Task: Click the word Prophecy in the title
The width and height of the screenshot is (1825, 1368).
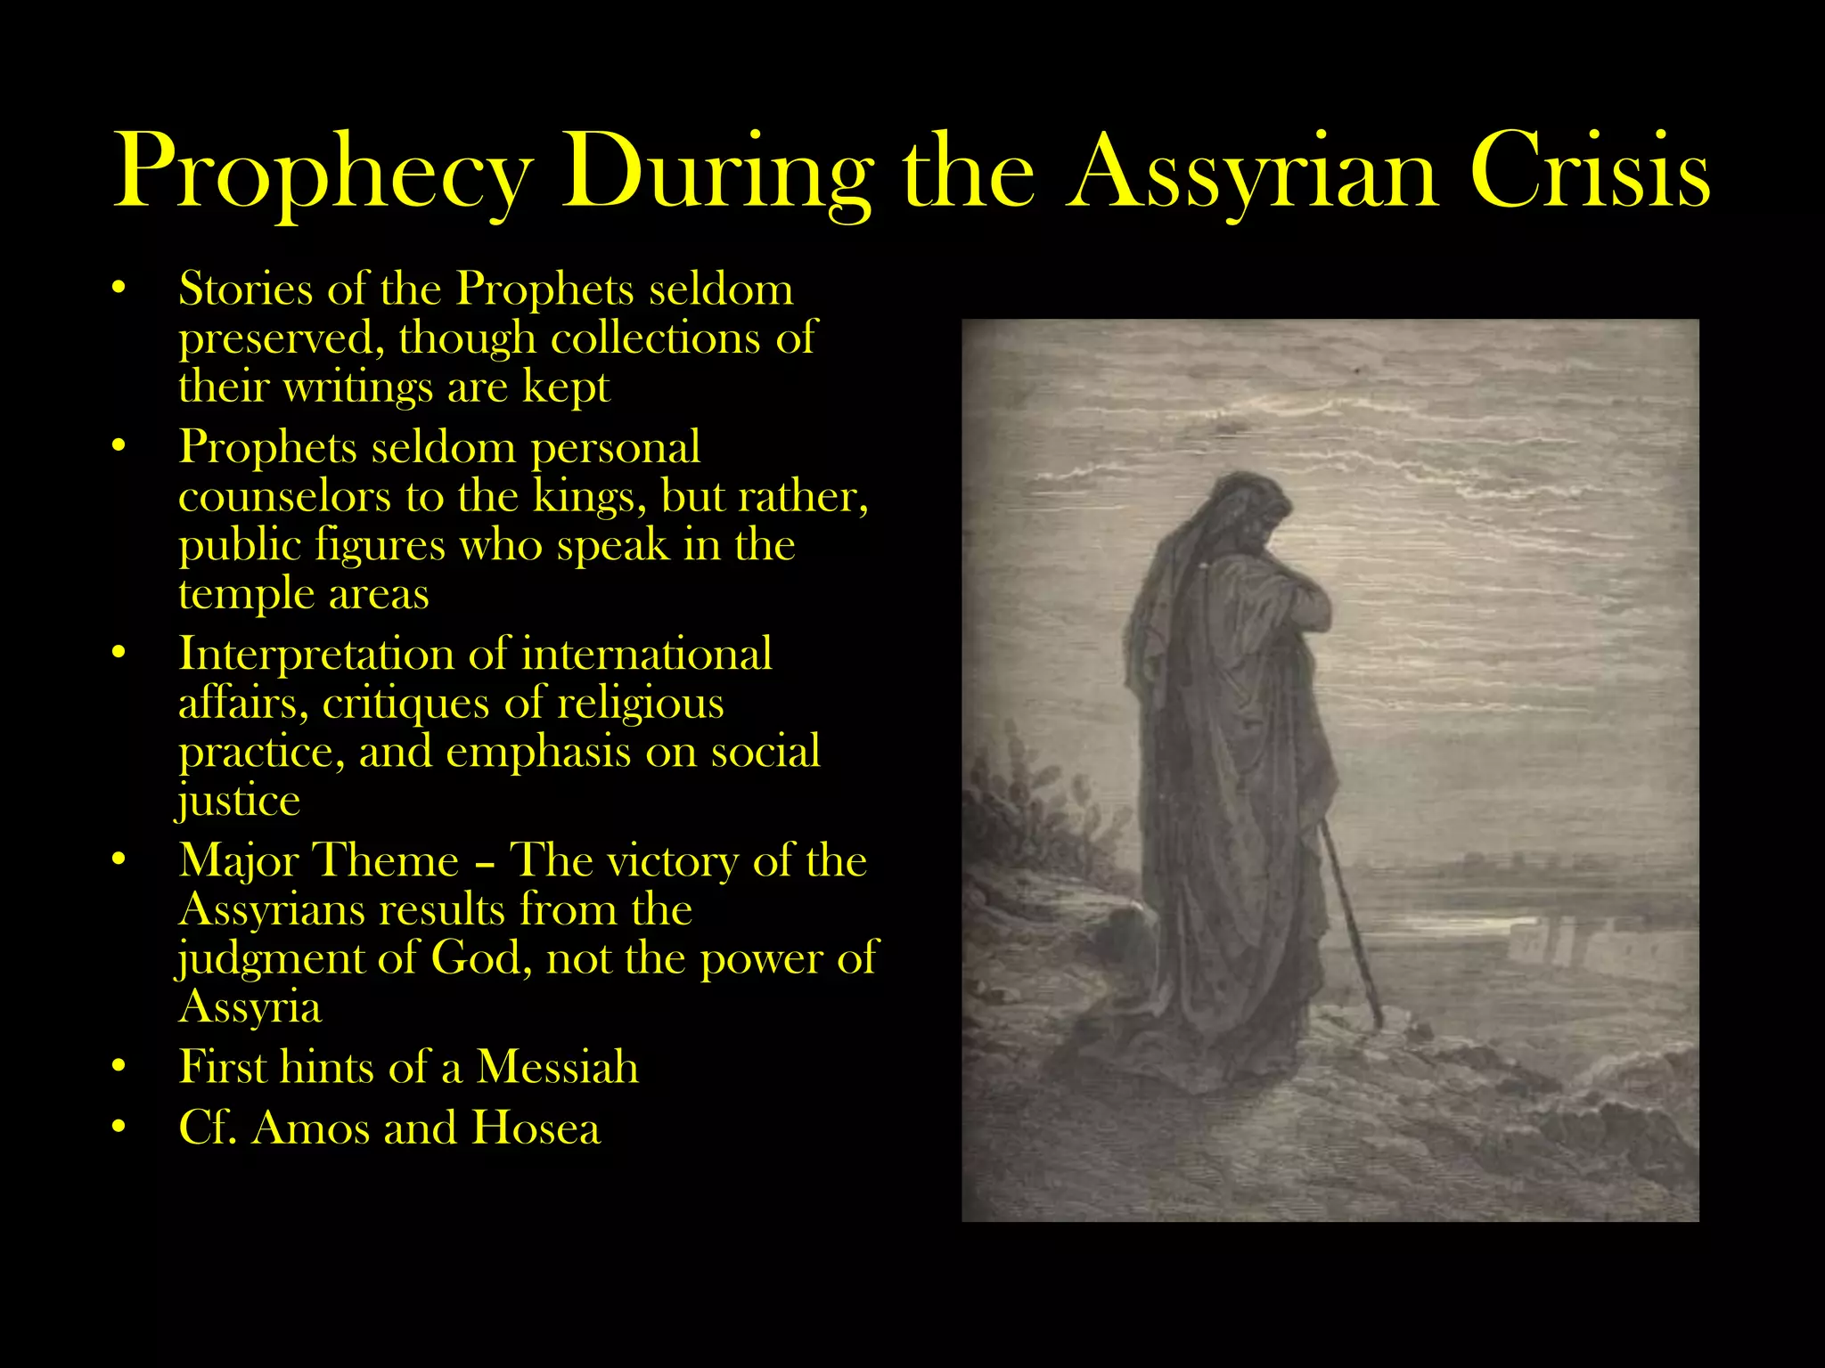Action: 323,171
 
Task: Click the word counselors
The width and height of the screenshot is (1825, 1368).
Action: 284,496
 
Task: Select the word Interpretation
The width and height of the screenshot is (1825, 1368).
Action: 315,655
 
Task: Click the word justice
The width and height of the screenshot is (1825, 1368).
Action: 239,801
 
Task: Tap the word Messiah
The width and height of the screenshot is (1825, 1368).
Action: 557,1067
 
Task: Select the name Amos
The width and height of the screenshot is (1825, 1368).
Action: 310,1128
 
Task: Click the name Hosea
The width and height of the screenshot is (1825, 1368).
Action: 536,1128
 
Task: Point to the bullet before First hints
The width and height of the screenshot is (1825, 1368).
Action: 119,1067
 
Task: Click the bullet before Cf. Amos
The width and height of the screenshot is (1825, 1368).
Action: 119,1128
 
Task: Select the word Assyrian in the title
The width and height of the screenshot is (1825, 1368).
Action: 1254,171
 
